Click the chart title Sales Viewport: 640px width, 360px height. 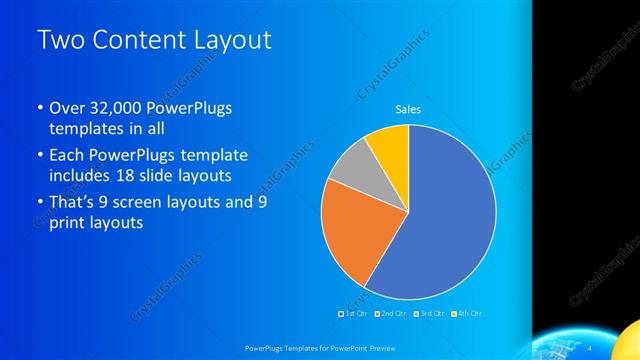coord(408,108)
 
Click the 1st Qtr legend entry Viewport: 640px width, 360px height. coord(353,314)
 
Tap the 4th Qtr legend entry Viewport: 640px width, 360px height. coord(467,314)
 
